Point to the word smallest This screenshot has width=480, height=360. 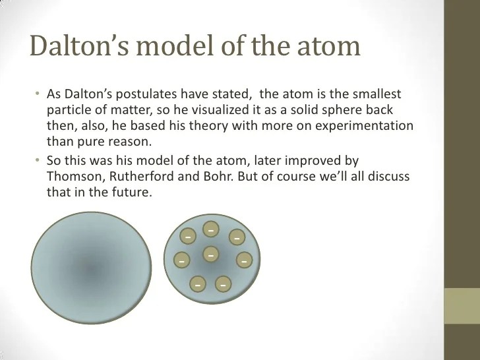coord(376,94)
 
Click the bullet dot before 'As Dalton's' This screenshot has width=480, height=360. coord(38,93)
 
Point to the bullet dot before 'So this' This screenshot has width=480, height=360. coord(38,160)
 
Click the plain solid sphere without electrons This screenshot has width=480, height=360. coord(91,268)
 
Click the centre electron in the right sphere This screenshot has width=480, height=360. coord(211,254)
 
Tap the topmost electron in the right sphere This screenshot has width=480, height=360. coord(211,229)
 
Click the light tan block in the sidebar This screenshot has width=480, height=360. coord(462,306)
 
